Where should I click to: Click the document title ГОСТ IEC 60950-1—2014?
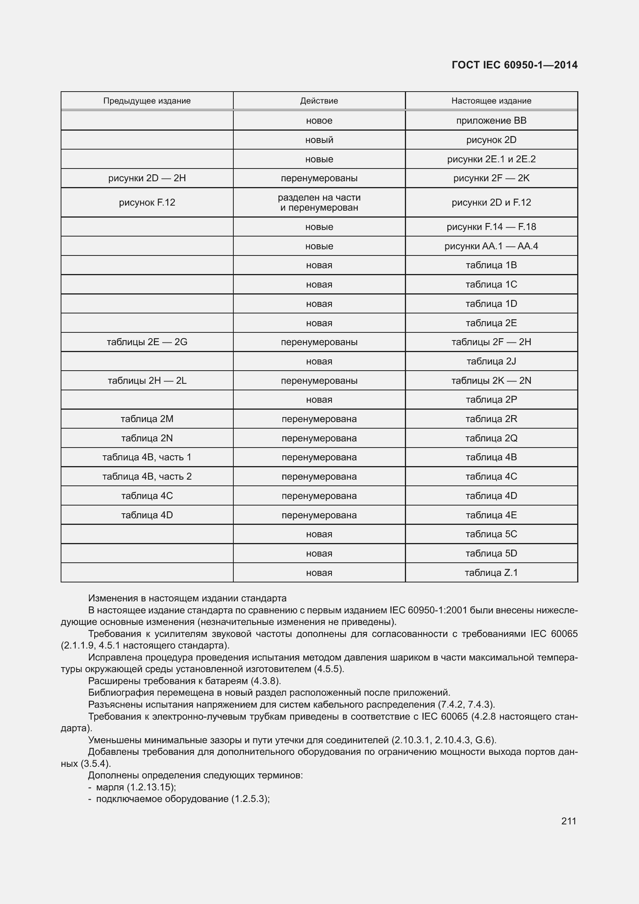tap(514, 65)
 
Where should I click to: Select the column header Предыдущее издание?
tap(147, 101)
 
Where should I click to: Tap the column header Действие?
tap(319, 101)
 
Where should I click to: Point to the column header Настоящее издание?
tap(491, 101)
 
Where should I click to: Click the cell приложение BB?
tap(491, 121)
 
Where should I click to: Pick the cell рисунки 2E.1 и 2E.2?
tap(491, 159)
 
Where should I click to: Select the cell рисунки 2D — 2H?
tap(147, 178)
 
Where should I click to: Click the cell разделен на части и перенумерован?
tap(319, 203)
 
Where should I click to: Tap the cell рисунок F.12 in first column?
tap(147, 203)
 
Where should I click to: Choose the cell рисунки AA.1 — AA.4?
tap(491, 246)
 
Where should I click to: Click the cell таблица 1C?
tap(491, 284)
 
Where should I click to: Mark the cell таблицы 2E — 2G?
tap(147, 342)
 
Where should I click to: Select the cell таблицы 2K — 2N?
tap(491, 380)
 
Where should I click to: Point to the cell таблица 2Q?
tap(491, 438)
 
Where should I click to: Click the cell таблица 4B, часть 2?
tap(147, 477)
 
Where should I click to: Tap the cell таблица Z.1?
tap(491, 572)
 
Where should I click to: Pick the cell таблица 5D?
tap(491, 553)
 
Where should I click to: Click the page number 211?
tap(569, 821)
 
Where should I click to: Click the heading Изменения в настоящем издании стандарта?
tap(187, 598)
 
